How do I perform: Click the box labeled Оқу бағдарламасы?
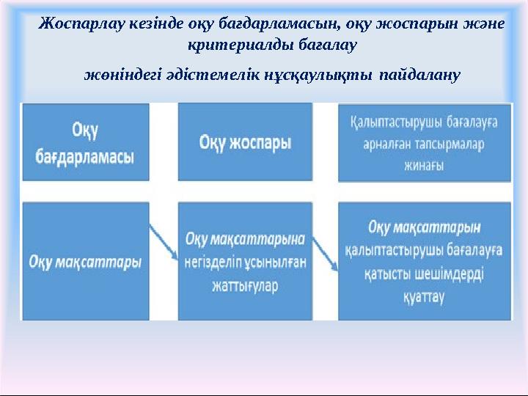click(85, 142)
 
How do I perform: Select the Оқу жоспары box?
click(245, 142)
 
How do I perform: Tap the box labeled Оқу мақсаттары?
click(85, 261)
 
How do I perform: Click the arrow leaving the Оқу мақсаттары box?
click(164, 242)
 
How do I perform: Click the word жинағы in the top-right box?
click(424, 165)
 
